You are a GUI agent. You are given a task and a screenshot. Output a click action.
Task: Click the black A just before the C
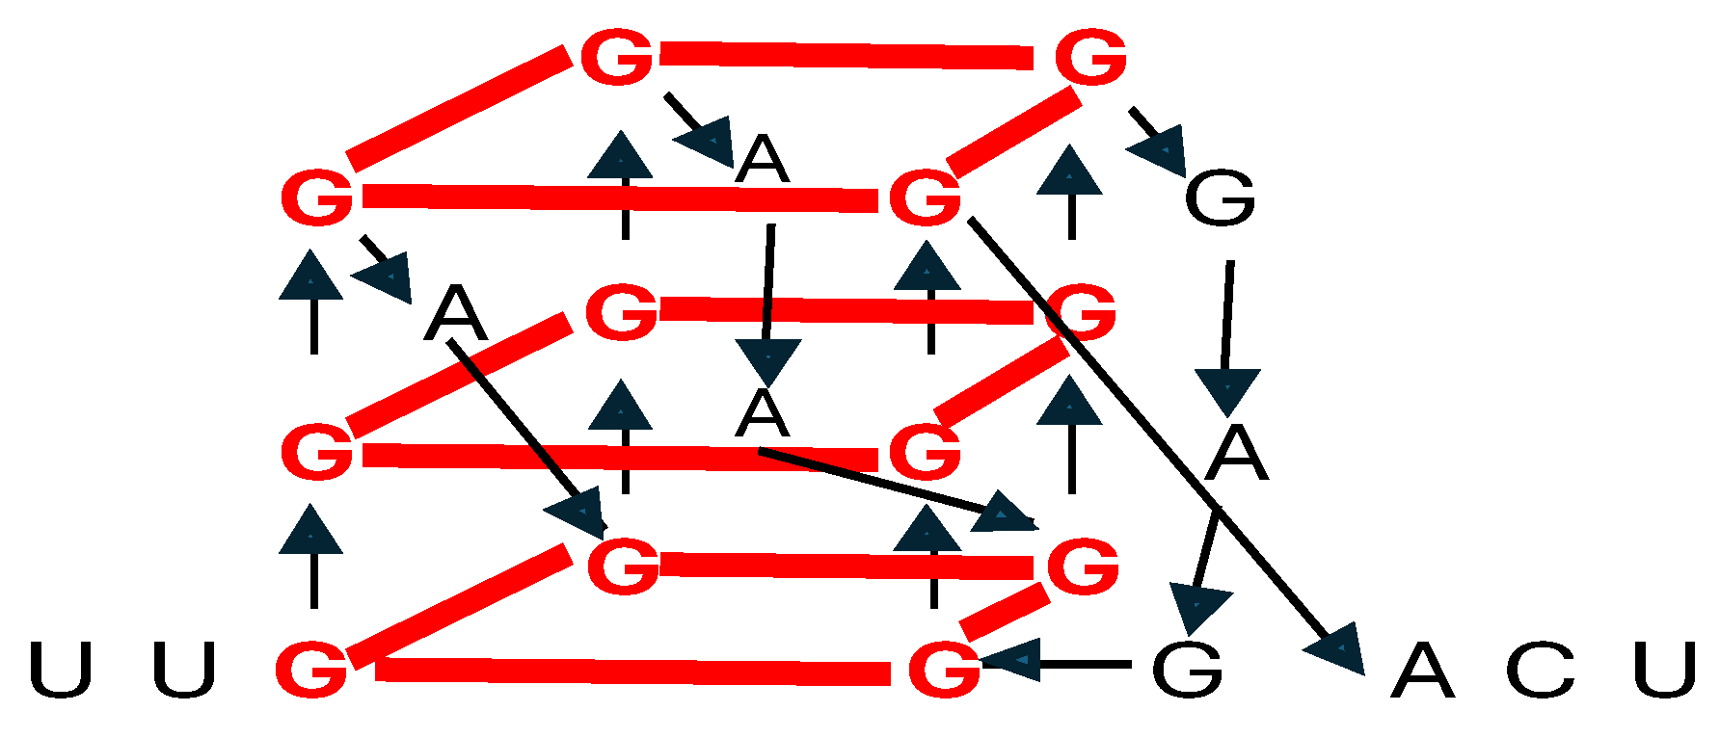pos(1421,671)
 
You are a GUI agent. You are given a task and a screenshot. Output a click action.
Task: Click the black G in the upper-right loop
pos(1220,198)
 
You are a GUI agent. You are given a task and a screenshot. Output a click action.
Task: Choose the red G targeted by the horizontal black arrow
pos(944,669)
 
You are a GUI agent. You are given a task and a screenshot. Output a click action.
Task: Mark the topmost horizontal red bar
pos(847,56)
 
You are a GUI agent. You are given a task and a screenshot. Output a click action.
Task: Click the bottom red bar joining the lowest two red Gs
pos(632,671)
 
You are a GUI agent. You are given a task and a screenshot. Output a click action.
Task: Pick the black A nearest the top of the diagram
pos(762,159)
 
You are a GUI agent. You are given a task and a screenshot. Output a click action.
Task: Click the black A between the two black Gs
pos(1236,453)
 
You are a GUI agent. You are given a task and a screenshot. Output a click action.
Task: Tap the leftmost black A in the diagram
pos(456,313)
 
